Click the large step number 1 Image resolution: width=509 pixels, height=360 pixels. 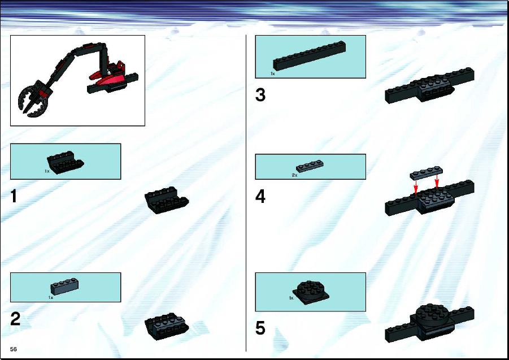[x=14, y=196]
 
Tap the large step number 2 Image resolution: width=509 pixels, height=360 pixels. [x=15, y=319]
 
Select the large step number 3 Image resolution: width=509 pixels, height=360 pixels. [x=260, y=95]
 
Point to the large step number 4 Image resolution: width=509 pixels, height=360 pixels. [x=260, y=197]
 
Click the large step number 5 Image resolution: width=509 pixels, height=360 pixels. [x=260, y=328]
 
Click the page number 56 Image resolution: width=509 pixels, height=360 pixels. [x=14, y=349]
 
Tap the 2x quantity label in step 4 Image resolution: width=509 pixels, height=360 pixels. [x=294, y=175]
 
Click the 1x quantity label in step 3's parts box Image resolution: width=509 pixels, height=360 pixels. [x=273, y=73]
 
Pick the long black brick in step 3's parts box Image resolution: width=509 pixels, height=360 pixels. [x=310, y=55]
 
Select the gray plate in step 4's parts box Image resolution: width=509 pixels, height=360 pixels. [x=310, y=166]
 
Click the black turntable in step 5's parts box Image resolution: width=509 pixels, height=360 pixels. [x=310, y=292]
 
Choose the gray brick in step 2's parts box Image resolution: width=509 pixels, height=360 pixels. [x=64, y=287]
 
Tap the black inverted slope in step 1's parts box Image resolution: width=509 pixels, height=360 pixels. [x=65, y=162]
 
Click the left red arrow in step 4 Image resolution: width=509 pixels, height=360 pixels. [x=416, y=188]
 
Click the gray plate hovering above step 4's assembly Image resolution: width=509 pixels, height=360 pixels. [x=426, y=173]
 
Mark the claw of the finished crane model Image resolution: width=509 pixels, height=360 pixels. [x=32, y=99]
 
